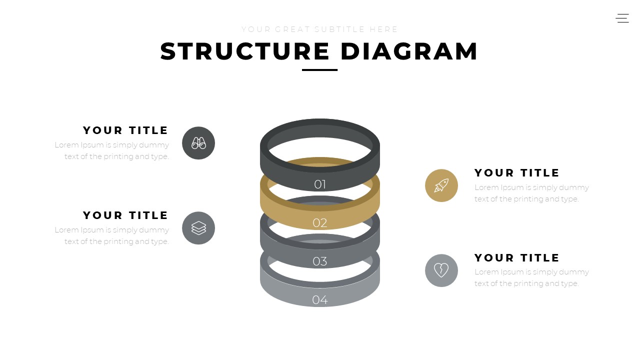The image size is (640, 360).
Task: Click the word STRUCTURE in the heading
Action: pos(245,51)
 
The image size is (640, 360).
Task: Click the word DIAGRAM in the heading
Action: pos(409,51)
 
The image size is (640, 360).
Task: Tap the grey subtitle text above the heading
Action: pos(320,29)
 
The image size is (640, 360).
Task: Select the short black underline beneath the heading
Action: pos(320,70)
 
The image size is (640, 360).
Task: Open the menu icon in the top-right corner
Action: pos(622,18)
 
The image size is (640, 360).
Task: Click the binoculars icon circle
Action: pos(198,143)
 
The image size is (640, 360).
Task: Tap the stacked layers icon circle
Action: pos(198,228)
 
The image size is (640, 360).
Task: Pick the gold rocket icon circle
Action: pos(441,185)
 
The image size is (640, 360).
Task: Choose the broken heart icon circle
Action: pos(441,270)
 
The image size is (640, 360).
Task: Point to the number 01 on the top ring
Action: pos(320,184)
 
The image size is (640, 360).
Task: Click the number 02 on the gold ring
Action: pos(320,223)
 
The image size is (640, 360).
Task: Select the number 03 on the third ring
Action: pos(320,261)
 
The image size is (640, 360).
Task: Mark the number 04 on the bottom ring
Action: pos(320,300)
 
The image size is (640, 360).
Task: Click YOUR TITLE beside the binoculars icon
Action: pos(125,130)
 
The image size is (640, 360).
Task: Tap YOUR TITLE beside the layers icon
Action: pos(125,215)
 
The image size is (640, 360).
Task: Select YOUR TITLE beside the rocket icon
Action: pos(517,173)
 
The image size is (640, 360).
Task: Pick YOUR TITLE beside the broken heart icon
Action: pos(517,258)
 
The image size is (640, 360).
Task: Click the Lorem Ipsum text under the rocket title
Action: pos(531,193)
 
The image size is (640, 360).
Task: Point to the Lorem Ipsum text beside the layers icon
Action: pos(112,235)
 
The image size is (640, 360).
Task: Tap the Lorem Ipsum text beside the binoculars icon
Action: pos(112,150)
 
